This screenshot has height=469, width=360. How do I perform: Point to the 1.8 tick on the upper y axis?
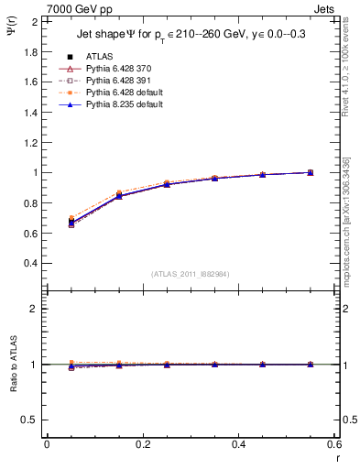[30, 51]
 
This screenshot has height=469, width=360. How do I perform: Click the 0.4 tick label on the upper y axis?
[30, 263]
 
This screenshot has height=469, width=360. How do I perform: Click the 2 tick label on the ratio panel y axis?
[35, 309]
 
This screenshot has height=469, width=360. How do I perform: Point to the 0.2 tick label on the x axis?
[142, 444]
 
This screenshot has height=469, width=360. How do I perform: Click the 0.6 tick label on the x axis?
[333, 444]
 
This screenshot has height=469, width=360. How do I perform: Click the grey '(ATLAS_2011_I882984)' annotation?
[191, 273]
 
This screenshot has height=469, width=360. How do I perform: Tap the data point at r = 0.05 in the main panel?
[71, 222]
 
